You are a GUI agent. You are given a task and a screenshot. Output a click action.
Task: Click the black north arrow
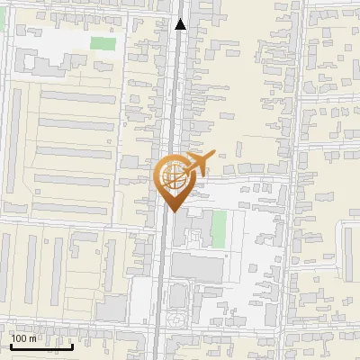181,24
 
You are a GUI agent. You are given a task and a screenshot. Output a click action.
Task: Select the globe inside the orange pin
172,178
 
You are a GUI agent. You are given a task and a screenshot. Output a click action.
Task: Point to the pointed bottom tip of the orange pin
172,211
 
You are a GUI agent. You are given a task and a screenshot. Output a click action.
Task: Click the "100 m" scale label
23,338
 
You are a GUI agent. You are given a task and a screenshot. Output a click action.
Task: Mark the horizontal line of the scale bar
41,346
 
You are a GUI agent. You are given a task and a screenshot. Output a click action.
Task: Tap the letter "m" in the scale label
32,338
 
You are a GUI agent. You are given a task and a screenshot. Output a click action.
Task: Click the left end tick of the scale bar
11,344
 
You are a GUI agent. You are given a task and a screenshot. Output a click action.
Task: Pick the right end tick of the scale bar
72,344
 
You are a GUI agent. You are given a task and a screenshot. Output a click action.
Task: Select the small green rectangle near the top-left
103,42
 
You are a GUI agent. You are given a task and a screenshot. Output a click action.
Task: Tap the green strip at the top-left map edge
3,18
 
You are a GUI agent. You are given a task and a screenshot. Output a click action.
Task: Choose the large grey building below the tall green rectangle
197,266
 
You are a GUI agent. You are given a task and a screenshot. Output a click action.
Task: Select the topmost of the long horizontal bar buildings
79,96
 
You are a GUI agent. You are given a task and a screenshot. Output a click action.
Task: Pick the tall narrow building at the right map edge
349,252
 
